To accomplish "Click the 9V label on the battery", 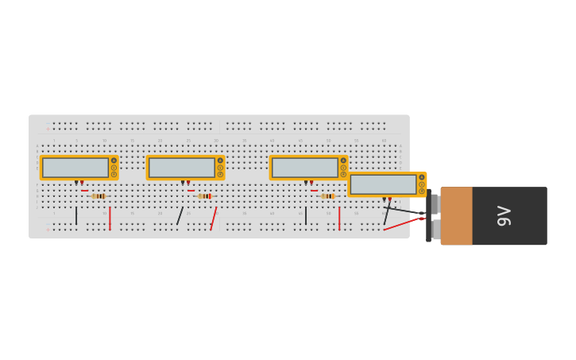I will click(x=504, y=216).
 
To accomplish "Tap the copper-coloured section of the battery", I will click(x=457, y=216).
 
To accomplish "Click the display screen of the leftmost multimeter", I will click(x=75, y=168).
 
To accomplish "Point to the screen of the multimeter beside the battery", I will click(x=384, y=184).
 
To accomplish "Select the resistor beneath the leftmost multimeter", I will click(x=99, y=196).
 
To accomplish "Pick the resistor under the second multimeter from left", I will click(x=205, y=196).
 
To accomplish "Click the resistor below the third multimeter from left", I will click(x=327, y=196).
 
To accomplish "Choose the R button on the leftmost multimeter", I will click(x=114, y=174).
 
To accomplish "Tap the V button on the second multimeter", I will click(x=220, y=168).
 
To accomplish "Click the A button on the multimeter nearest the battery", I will click(x=422, y=177).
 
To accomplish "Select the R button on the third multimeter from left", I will click(x=343, y=174).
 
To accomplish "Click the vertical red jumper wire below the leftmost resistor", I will click(x=110, y=218).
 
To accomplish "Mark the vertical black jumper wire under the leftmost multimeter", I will click(x=76, y=215).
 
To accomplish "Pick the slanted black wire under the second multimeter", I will click(x=180, y=216).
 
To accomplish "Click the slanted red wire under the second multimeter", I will click(x=214, y=219).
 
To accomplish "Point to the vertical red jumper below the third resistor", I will click(x=339, y=218).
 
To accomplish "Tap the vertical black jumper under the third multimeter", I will click(x=306, y=215).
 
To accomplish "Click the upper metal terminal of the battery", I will click(x=435, y=203).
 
